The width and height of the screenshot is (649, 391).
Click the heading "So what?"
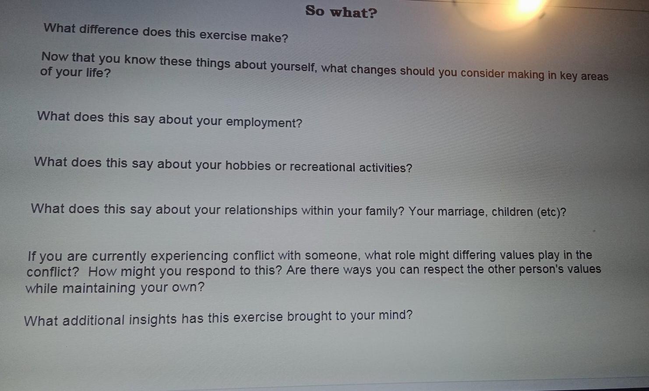tap(341, 11)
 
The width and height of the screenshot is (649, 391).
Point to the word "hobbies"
tap(248, 165)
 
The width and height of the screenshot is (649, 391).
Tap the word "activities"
tap(385, 168)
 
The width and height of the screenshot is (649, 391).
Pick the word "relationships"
tap(261, 210)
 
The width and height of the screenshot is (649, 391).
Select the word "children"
tap(512, 212)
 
